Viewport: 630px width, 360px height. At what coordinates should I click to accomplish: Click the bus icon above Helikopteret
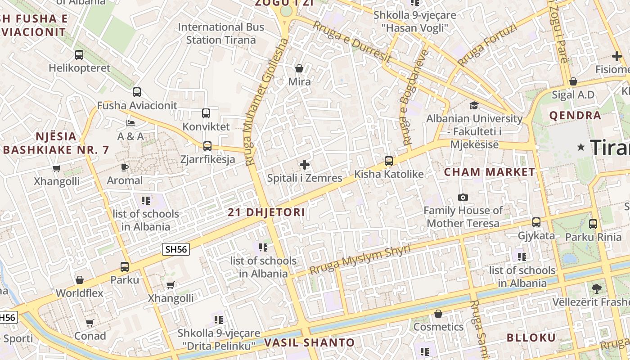79,55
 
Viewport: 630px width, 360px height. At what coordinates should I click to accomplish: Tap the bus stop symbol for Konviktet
206,113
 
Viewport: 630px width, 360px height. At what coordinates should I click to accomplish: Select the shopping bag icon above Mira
299,68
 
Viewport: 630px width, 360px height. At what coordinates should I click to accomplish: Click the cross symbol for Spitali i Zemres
305,165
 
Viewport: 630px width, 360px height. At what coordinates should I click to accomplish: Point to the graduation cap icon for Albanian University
474,105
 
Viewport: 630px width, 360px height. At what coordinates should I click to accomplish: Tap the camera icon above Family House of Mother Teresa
463,197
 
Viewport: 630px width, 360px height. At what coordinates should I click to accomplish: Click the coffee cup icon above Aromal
125,167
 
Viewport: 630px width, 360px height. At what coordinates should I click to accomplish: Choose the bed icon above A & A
130,123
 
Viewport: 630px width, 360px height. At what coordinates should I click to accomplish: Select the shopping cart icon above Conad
90,323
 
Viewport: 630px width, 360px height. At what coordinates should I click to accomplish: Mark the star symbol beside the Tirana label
581,147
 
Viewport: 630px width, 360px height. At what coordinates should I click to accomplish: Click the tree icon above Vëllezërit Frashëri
597,288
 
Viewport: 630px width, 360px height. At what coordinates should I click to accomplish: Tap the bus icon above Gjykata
536,222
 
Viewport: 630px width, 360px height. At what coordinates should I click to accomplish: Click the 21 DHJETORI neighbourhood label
266,212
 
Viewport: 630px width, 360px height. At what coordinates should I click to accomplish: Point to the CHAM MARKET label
490,172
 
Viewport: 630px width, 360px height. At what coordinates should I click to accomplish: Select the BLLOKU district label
531,337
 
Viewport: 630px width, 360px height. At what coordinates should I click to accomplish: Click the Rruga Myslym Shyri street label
360,260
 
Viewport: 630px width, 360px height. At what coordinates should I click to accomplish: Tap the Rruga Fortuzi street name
487,45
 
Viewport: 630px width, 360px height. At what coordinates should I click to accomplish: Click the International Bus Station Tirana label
221,33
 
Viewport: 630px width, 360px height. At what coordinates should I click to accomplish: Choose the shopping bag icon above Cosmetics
438,314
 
